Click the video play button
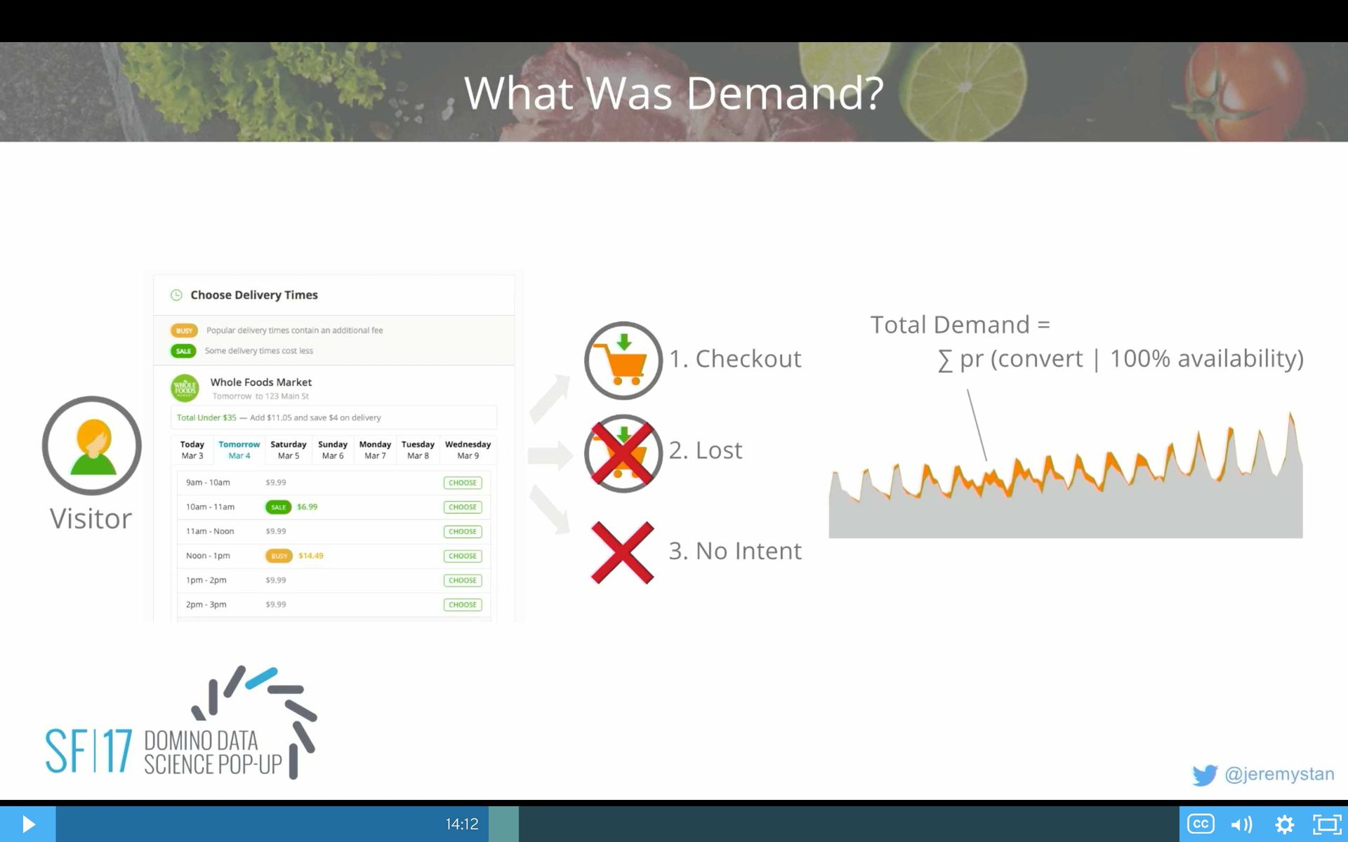(x=28, y=824)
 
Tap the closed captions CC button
(x=1200, y=824)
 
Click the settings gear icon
(x=1284, y=824)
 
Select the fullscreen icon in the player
(x=1326, y=824)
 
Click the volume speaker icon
(x=1241, y=824)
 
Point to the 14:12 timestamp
(x=462, y=824)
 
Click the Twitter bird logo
(x=1205, y=775)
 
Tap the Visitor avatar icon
(x=92, y=446)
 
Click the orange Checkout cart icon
(x=623, y=361)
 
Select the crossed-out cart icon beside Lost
(x=623, y=453)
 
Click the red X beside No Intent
(x=622, y=552)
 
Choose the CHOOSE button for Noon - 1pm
(x=463, y=556)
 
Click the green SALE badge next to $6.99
(x=278, y=507)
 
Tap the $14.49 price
(x=311, y=556)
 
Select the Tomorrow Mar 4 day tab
(x=239, y=450)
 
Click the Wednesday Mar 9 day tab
(x=468, y=450)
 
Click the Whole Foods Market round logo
(x=185, y=388)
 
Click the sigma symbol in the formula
(x=945, y=361)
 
